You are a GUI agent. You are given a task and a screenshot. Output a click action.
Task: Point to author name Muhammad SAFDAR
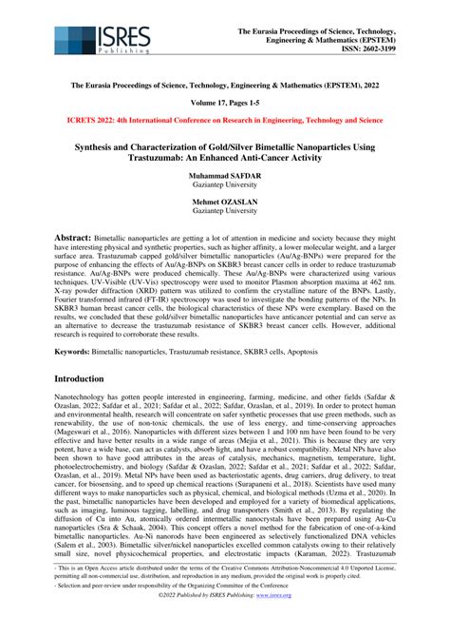click(225, 179)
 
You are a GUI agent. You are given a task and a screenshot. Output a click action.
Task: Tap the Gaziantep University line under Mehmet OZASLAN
click(225, 214)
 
